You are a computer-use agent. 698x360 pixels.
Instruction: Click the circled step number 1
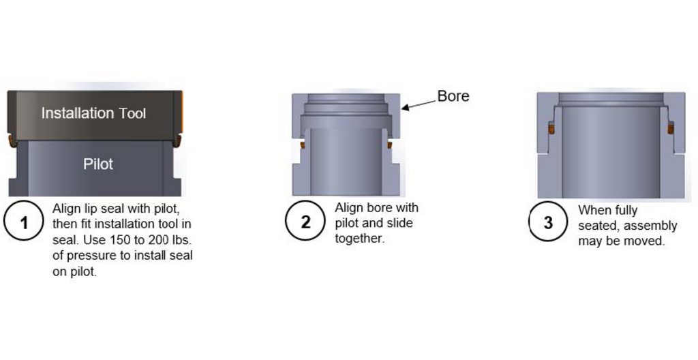pyautogui.click(x=24, y=223)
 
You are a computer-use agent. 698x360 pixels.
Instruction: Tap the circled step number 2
pyautogui.click(x=305, y=222)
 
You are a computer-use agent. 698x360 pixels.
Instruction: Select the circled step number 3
pyautogui.click(x=548, y=222)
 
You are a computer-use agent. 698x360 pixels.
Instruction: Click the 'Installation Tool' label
pyautogui.click(x=93, y=113)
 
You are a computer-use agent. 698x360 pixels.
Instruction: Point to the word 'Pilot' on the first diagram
pyautogui.click(x=98, y=164)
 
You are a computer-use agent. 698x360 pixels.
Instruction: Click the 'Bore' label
pyautogui.click(x=453, y=96)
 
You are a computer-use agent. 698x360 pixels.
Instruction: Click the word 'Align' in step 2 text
pyautogui.click(x=349, y=208)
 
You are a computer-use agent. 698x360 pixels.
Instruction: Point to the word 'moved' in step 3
pyautogui.click(x=647, y=241)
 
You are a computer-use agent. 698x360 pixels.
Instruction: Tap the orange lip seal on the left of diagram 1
pyautogui.click(x=10, y=140)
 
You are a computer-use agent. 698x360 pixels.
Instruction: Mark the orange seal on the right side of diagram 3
pyautogui.click(x=670, y=127)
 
